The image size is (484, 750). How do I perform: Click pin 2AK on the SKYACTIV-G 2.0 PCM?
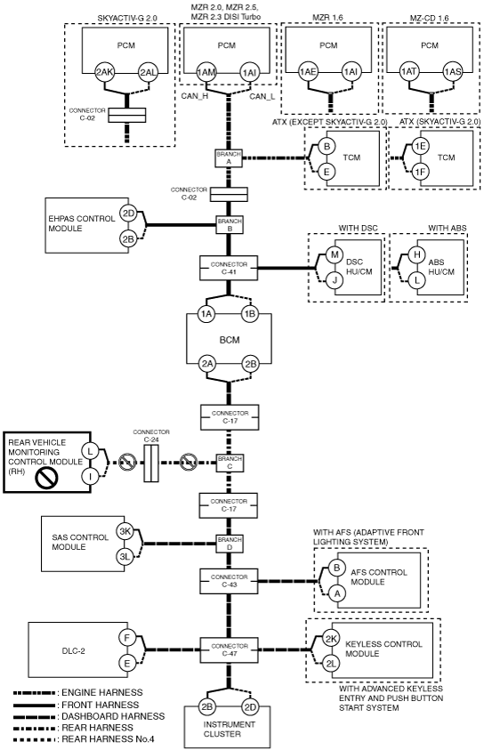click(x=104, y=72)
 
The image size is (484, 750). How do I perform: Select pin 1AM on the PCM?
click(x=206, y=72)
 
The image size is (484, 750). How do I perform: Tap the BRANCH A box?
click(x=229, y=157)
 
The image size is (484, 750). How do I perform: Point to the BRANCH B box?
click(x=230, y=225)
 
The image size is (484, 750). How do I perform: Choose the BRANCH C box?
click(x=230, y=463)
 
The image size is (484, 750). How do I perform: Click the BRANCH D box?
click(x=230, y=544)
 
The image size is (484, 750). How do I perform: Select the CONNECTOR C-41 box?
click(x=229, y=268)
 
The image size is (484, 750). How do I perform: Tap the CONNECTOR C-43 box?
click(x=229, y=581)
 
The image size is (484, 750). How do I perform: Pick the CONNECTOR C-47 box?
click(x=229, y=649)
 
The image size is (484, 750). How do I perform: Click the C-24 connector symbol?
click(x=150, y=463)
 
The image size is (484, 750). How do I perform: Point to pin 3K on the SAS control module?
click(x=125, y=531)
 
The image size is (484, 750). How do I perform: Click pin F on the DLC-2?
click(x=127, y=638)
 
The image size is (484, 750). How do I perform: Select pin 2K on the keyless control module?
click(x=331, y=639)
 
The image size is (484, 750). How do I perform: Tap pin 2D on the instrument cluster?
click(x=250, y=707)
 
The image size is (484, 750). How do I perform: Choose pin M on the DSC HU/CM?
click(x=335, y=254)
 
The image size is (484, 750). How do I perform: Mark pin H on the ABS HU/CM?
click(x=417, y=254)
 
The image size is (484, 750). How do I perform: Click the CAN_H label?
click(x=195, y=96)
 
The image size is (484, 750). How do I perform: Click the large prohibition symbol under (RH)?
click(x=47, y=479)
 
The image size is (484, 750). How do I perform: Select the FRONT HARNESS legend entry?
click(x=77, y=705)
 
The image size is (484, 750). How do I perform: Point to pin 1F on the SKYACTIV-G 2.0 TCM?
click(x=420, y=172)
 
